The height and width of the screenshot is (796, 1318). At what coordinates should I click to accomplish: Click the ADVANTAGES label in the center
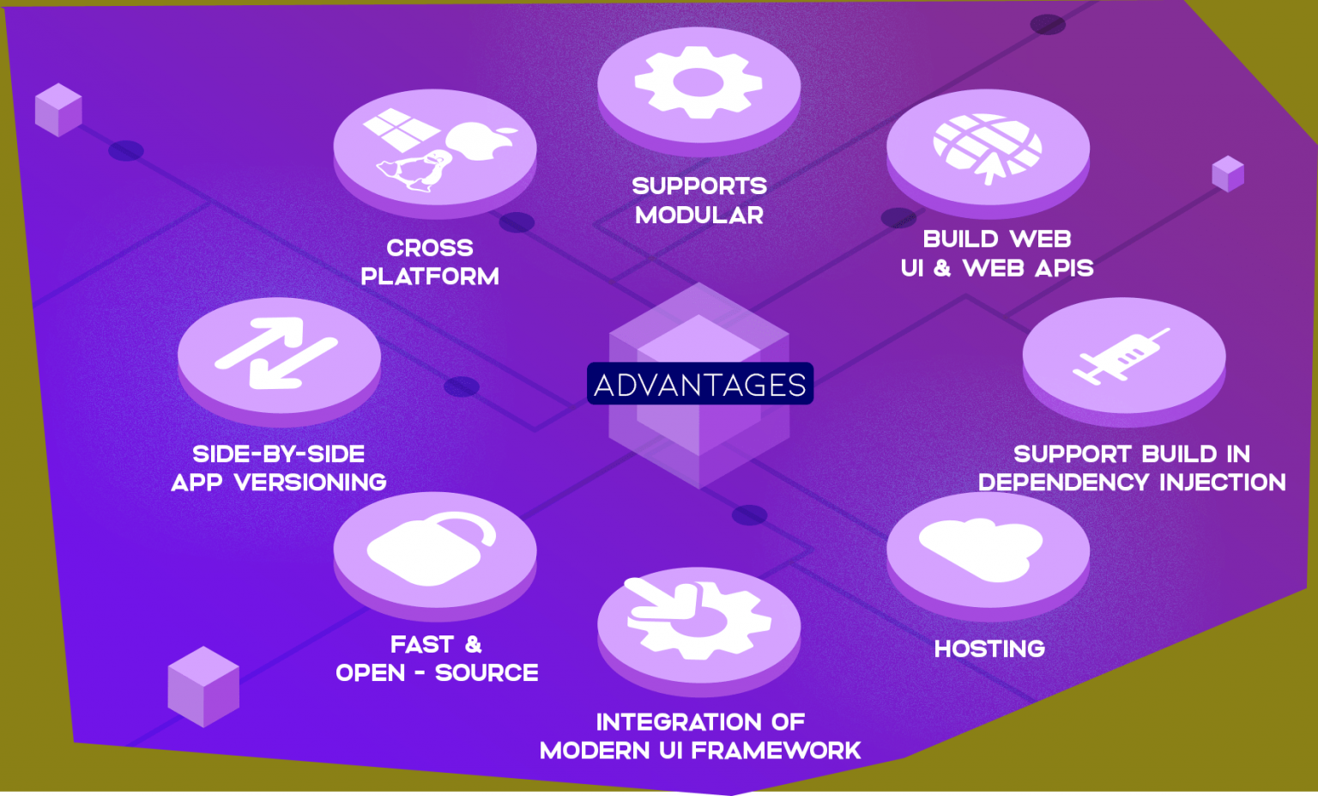(699, 384)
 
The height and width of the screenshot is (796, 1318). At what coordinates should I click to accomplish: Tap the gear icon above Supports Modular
(698, 82)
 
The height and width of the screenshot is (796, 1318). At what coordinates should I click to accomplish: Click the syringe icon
(1120, 355)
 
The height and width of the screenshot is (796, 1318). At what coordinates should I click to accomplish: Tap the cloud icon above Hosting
(982, 549)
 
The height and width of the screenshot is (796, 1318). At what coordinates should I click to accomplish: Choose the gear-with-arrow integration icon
(696, 618)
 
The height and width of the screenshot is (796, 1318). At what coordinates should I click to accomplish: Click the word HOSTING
(989, 648)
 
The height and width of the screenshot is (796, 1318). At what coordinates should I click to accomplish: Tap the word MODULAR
(699, 215)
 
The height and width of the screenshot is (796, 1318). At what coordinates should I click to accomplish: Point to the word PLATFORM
(430, 276)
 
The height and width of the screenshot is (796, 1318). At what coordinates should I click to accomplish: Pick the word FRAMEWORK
(776, 750)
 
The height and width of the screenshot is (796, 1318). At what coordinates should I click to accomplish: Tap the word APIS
(1064, 268)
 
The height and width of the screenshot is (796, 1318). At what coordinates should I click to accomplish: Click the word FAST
(421, 644)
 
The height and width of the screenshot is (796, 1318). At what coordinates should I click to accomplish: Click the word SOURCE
(487, 672)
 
